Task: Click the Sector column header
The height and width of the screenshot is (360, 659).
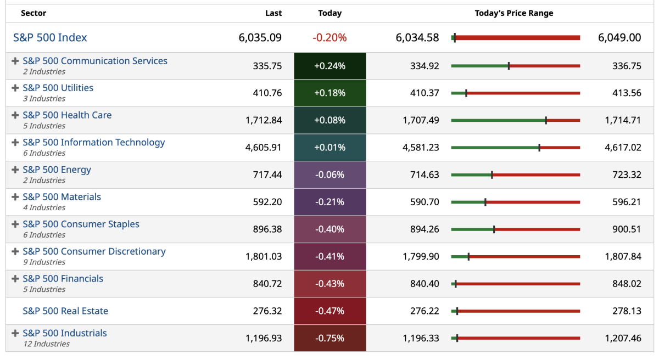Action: [x=33, y=13]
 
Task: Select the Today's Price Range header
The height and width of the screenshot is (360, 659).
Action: [x=514, y=13]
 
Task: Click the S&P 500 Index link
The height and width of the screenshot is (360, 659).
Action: [x=50, y=38]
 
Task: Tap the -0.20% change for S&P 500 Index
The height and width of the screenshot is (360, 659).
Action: [x=329, y=38]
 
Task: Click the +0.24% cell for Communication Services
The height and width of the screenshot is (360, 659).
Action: [x=329, y=66]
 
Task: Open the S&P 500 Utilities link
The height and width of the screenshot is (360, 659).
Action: [x=58, y=88]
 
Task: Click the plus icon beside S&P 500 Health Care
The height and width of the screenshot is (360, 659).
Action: [x=15, y=115]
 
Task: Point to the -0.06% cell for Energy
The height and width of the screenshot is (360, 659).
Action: [x=329, y=175]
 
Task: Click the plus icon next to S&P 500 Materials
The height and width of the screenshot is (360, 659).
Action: [x=15, y=197]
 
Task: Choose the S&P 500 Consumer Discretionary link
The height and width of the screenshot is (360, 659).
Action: [x=94, y=251]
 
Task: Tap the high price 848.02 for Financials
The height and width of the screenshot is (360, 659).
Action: [x=627, y=284]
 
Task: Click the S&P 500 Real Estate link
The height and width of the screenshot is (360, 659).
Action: [x=65, y=311]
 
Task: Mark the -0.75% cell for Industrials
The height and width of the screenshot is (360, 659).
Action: [x=329, y=339]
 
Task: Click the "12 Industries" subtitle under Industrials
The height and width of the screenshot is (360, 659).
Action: [x=46, y=344]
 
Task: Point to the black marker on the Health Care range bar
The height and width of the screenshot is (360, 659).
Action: [x=546, y=120]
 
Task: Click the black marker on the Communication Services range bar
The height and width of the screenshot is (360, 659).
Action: [x=509, y=66]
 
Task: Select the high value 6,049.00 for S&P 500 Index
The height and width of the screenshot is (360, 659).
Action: [x=619, y=38]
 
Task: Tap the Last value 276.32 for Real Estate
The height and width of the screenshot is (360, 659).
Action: [x=267, y=311]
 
